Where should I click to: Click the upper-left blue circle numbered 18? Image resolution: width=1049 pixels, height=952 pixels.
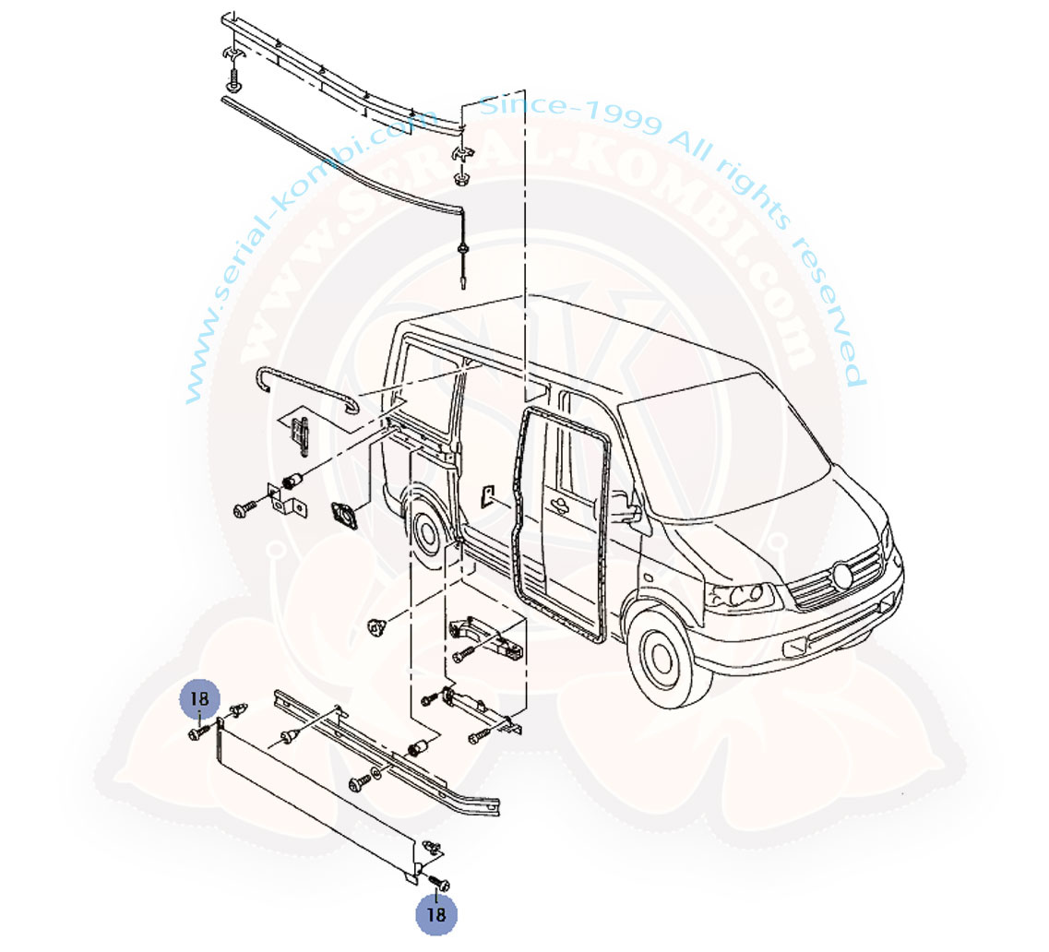pos(199,699)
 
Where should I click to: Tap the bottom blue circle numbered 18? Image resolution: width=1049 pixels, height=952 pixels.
pos(436,914)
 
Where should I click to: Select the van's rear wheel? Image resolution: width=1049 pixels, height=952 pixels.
pos(427,530)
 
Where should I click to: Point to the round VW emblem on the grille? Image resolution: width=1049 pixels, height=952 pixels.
pos(842,576)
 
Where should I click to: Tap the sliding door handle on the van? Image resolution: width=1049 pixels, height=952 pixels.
pos(556,506)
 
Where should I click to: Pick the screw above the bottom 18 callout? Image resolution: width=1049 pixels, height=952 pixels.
pos(439,881)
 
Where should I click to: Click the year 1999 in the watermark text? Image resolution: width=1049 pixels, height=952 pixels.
pos(624,117)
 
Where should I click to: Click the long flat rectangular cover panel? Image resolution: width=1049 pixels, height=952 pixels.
pos(317,801)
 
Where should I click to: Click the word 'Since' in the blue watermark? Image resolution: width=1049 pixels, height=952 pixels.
pos(523,105)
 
